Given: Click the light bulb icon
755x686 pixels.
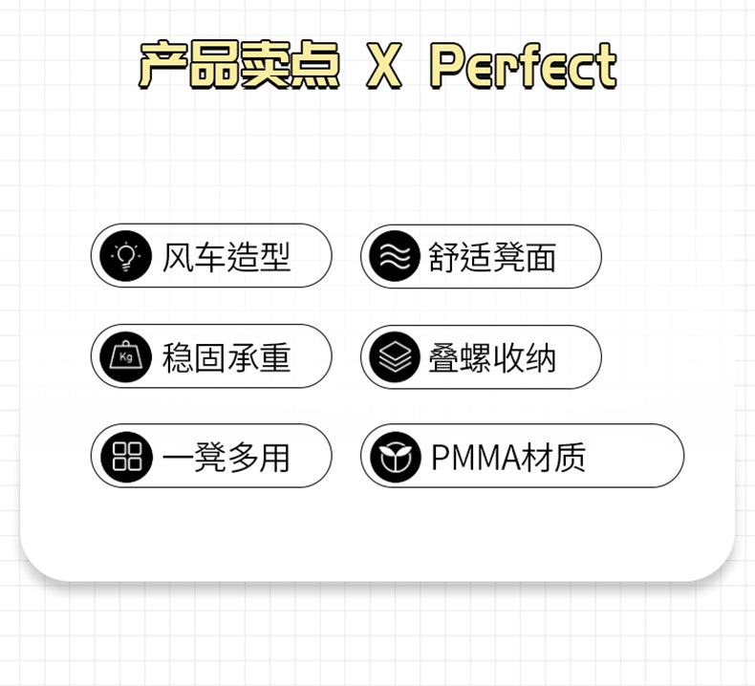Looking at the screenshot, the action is (126, 257).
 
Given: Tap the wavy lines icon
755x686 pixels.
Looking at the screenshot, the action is (395, 257).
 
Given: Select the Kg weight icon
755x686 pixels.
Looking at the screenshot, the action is (126, 357).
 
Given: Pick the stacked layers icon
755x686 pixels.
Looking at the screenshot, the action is (395, 357).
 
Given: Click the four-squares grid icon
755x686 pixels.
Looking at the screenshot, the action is (126, 457).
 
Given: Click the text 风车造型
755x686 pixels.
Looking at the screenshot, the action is (226, 257).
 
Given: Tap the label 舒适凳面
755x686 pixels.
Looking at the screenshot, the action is (492, 257).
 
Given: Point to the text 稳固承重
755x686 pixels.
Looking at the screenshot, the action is (226, 357).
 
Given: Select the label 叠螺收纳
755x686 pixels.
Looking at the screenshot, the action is (492, 357).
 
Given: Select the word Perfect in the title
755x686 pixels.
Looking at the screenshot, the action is (523, 66).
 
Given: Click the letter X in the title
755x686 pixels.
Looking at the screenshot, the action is (383, 66).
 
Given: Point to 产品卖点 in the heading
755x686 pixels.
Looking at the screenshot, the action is (239, 66).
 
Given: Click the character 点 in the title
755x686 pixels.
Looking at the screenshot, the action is (315, 66).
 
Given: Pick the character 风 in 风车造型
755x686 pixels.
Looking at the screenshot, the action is (178, 257).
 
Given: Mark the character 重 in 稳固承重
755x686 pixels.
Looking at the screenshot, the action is (274, 357).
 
